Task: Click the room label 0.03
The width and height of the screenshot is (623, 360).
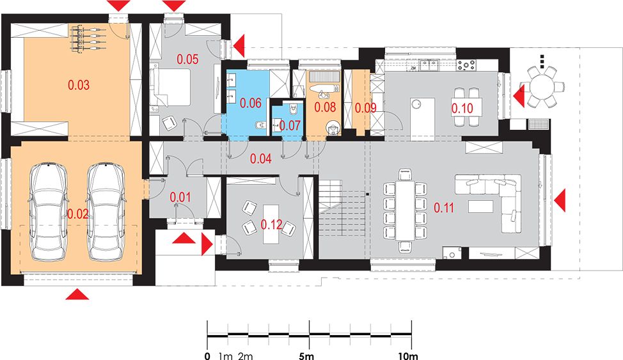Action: pos(79,85)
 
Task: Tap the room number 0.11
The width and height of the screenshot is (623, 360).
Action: pos(443,207)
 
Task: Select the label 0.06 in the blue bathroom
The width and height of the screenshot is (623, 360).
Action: pos(251,104)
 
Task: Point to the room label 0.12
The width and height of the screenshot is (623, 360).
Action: pos(271,224)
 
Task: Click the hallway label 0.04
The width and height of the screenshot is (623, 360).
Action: pos(260,159)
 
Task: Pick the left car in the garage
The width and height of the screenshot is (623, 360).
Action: pos(49,212)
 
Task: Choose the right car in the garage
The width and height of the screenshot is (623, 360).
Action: pos(106,212)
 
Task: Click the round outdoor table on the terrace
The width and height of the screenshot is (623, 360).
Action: pos(542,86)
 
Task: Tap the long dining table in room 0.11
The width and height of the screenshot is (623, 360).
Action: pos(405,210)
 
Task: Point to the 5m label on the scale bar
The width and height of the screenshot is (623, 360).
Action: pos(306,356)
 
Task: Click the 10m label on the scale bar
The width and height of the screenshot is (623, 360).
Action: pos(408,356)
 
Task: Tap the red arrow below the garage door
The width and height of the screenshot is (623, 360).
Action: pos(77,294)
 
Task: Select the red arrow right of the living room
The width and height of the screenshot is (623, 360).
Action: pos(560,201)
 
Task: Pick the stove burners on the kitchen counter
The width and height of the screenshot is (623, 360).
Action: pos(466,65)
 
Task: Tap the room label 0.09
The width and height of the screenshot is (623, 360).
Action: pos(365,107)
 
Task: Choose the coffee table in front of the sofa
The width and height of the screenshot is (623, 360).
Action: pos(481,207)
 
